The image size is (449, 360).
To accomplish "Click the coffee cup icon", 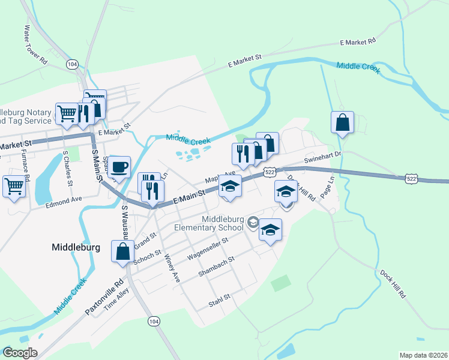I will [120, 167].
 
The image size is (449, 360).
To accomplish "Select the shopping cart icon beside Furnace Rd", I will [14, 186].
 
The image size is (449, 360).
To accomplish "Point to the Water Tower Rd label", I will [35, 44].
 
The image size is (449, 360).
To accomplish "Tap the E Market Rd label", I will [357, 41].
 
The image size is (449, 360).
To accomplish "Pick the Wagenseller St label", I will [208, 248].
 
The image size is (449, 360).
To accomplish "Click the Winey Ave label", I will [172, 268].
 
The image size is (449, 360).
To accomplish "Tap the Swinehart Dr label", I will [322, 158].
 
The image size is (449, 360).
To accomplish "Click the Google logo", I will [20, 353].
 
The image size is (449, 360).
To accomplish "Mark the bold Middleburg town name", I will [76, 247].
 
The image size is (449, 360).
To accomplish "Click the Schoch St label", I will [148, 257].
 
